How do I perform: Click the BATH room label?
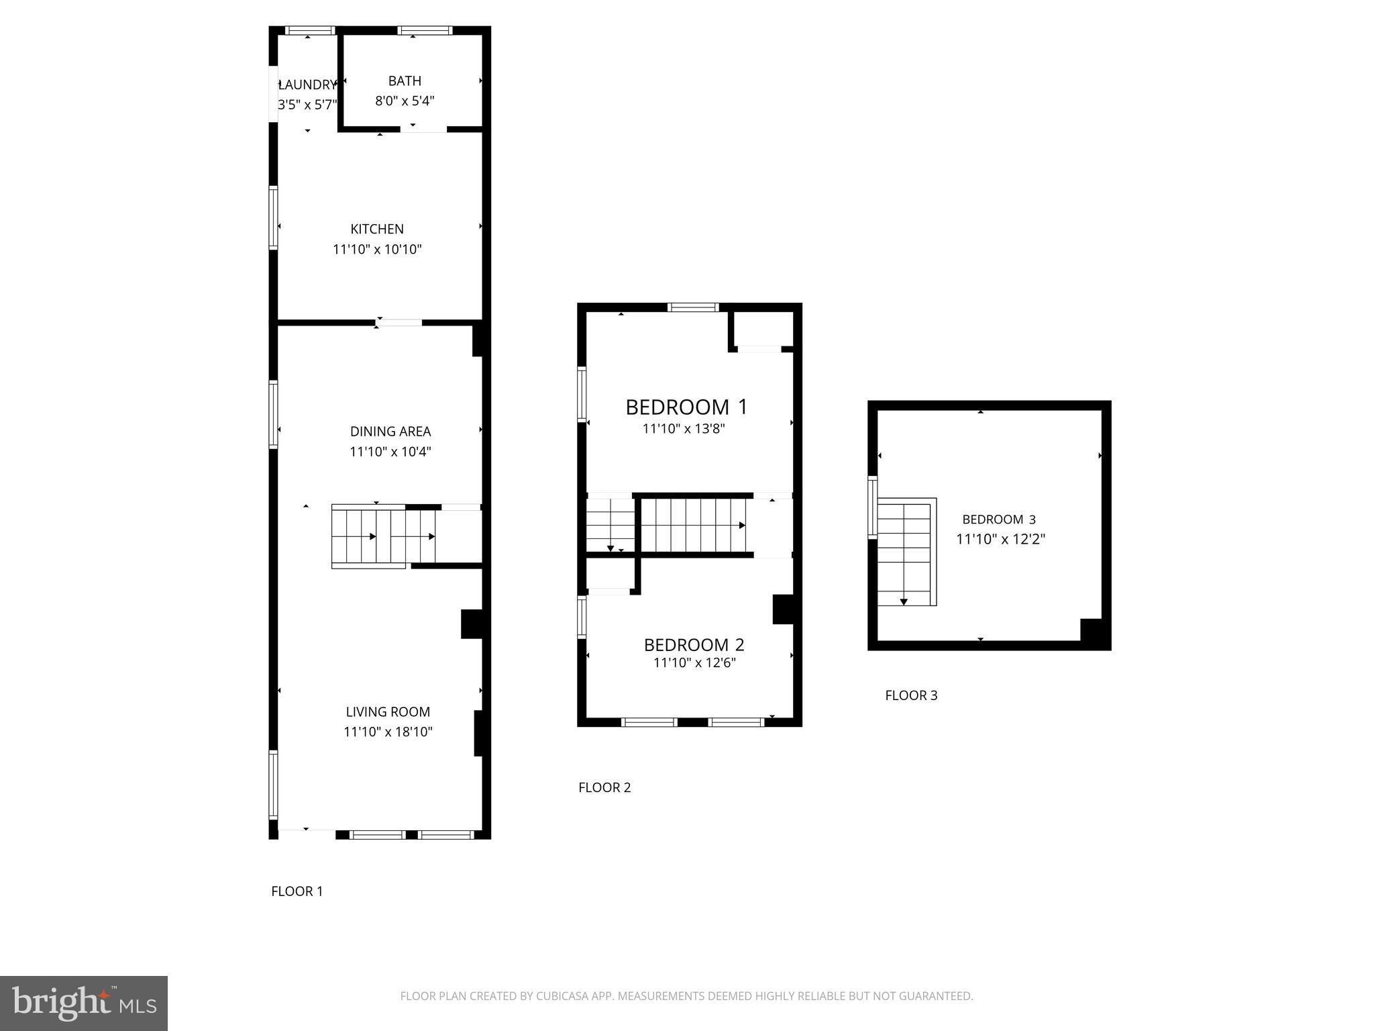405,81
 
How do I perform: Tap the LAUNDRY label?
307,85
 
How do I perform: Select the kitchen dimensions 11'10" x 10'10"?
377,250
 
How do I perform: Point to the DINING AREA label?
390,432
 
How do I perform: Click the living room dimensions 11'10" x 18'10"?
388,732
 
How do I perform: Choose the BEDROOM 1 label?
686,407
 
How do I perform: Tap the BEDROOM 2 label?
694,645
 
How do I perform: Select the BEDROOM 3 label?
999,520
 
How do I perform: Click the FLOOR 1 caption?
297,891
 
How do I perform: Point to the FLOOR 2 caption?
604,787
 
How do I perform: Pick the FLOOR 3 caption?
911,695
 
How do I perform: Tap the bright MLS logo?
84,1003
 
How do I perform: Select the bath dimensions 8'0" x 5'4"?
405,101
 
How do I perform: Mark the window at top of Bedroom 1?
693,307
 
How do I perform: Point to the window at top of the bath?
425,30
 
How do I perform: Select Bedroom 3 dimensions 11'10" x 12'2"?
1000,539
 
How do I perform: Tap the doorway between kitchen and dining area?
399,323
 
